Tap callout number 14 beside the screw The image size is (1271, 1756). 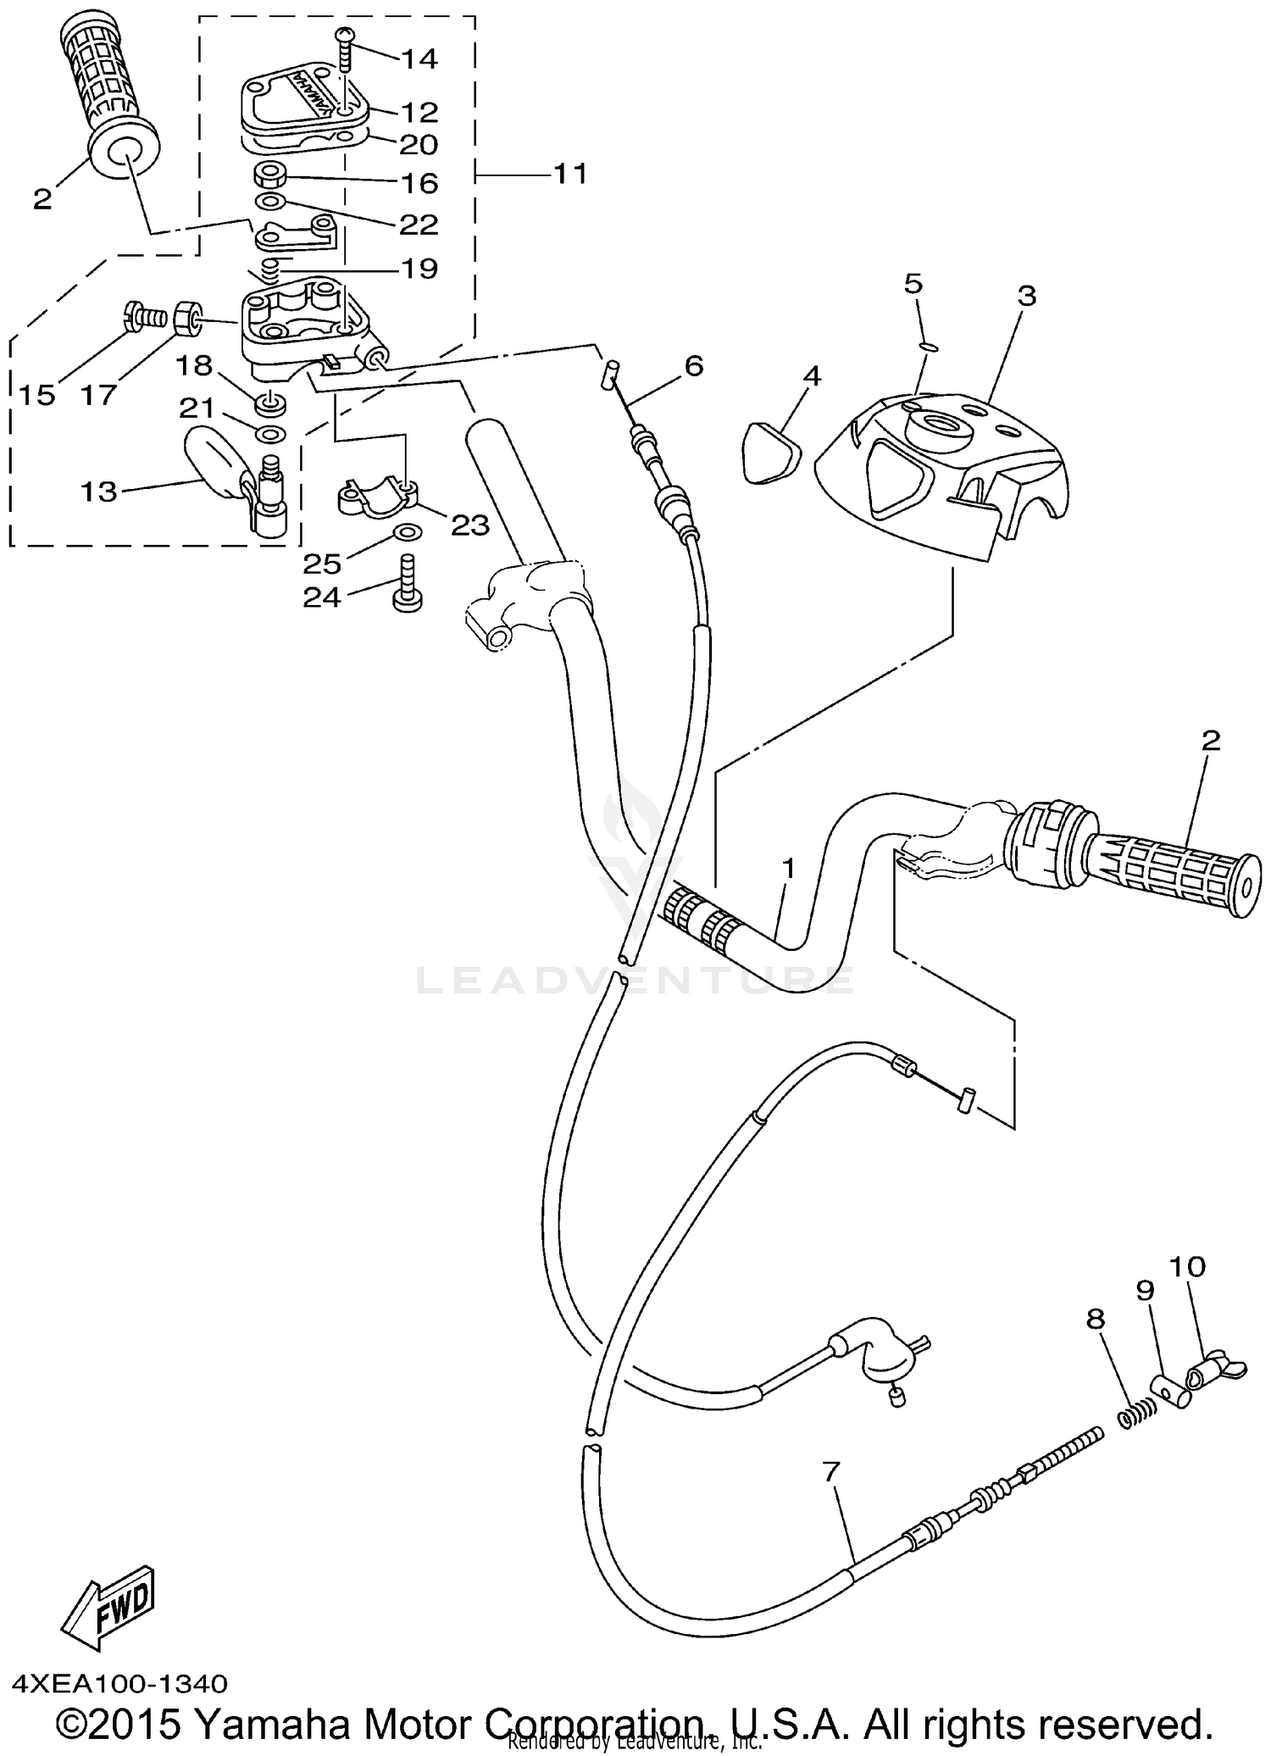click(419, 58)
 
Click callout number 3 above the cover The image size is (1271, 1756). click(1026, 297)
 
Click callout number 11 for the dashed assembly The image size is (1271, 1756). click(569, 174)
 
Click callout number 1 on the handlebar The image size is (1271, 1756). click(788, 869)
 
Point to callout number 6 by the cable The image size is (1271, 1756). click(693, 366)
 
